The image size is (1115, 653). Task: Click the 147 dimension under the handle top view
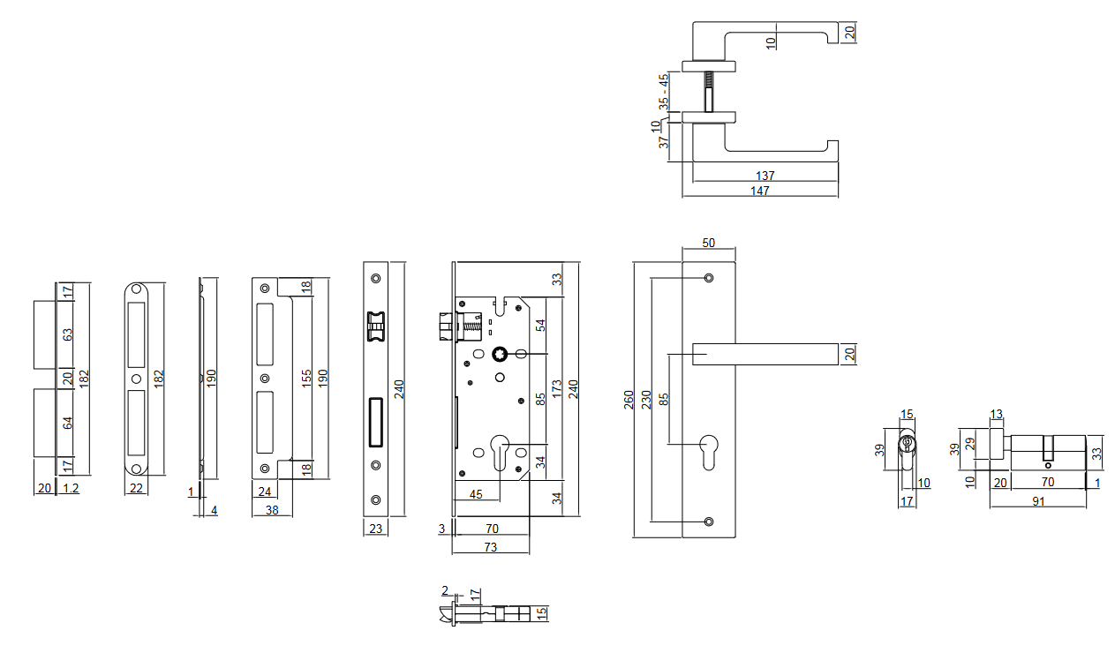760,191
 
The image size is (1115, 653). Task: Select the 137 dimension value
765,176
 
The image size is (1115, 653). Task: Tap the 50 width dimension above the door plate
708,242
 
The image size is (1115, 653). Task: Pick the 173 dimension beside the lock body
556,391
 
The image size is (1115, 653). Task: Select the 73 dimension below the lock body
490,547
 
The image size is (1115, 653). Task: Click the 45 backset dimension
476,494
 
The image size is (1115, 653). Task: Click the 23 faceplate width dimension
374,529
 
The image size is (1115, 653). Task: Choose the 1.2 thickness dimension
72,488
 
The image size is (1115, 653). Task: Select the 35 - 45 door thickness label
664,92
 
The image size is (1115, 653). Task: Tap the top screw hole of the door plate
709,279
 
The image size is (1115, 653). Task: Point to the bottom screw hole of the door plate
709,521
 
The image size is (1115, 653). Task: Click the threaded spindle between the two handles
708,91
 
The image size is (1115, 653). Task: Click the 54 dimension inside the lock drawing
541,325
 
